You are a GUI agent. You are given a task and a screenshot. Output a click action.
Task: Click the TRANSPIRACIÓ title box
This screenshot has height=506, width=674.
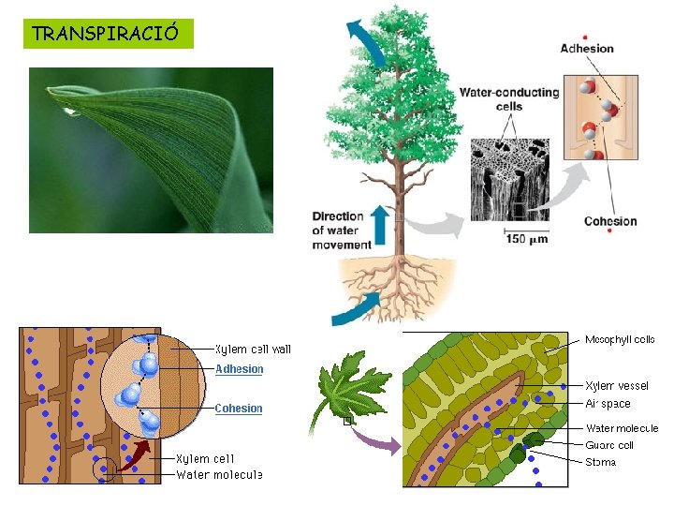pos(110,34)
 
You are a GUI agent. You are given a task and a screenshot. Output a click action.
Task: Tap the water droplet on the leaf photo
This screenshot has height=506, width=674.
pos(70,112)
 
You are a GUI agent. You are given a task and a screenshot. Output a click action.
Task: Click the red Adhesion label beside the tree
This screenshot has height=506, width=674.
pos(586,49)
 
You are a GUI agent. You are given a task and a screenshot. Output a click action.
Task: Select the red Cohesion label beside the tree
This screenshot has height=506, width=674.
pos(609,222)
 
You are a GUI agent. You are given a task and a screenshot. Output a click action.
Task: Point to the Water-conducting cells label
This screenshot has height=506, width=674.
pos(508,99)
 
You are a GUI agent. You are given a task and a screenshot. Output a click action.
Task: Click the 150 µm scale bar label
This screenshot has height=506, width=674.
pos(527,239)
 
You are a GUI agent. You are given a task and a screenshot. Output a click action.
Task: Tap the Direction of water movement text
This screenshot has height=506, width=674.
pos(338,231)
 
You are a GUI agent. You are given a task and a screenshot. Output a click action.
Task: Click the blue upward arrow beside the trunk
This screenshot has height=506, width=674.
pos(380,227)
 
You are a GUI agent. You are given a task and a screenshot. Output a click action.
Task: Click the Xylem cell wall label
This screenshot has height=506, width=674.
pos(253,350)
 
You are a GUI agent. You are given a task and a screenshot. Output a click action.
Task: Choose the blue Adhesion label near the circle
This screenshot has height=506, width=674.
pos(240,369)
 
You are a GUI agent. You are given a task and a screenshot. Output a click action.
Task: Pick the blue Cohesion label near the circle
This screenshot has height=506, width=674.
pos(239,409)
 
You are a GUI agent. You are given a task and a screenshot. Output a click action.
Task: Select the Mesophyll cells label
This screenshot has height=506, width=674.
pos(620,339)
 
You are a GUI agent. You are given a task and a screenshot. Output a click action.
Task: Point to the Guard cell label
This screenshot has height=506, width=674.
pos(609,445)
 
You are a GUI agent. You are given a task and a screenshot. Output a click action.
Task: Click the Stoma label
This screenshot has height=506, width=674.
pos(600,462)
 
